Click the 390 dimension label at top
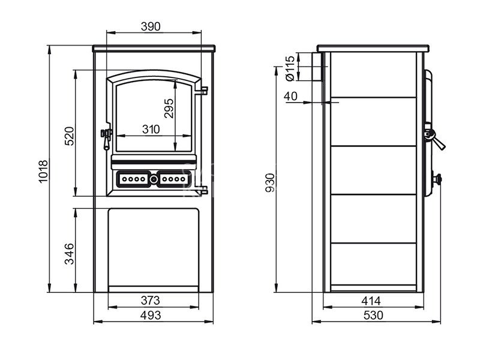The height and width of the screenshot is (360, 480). click(x=151, y=26)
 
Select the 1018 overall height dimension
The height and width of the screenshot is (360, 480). click(x=43, y=172)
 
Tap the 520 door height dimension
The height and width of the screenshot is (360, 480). click(x=70, y=136)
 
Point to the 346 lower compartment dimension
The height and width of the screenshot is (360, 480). click(x=70, y=253)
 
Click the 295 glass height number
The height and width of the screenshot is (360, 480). click(x=169, y=108)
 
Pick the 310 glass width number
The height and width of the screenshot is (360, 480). click(x=151, y=129)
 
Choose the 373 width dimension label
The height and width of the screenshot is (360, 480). click(x=151, y=301)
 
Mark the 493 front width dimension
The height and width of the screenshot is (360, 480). click(x=151, y=315)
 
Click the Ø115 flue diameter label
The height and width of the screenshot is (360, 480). click(x=290, y=68)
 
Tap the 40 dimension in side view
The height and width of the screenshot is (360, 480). click(x=290, y=96)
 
